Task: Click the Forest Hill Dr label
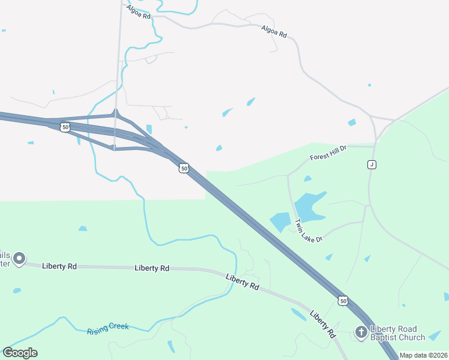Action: [x=328, y=153]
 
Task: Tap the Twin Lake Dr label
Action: [x=309, y=230]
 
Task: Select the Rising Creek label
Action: [x=108, y=328]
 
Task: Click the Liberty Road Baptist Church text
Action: [x=397, y=333]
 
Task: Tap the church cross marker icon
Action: [x=361, y=332]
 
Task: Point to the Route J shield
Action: [x=372, y=164]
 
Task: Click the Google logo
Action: [x=20, y=353]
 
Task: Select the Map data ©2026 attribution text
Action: [x=423, y=355]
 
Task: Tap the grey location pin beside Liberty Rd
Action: [x=19, y=259]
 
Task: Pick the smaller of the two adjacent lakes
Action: [x=280, y=221]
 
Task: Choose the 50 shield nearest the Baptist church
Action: [x=342, y=300]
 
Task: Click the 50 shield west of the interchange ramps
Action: [x=64, y=127]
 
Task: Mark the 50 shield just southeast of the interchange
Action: [x=184, y=169]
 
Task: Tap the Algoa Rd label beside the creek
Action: [x=139, y=11]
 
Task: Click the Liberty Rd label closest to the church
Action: [x=322, y=324]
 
